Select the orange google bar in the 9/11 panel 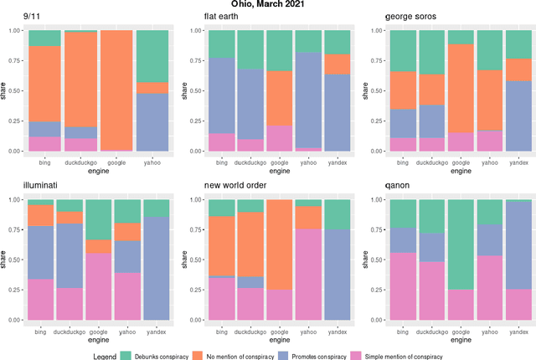(116, 90)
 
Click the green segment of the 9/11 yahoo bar (152, 56)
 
